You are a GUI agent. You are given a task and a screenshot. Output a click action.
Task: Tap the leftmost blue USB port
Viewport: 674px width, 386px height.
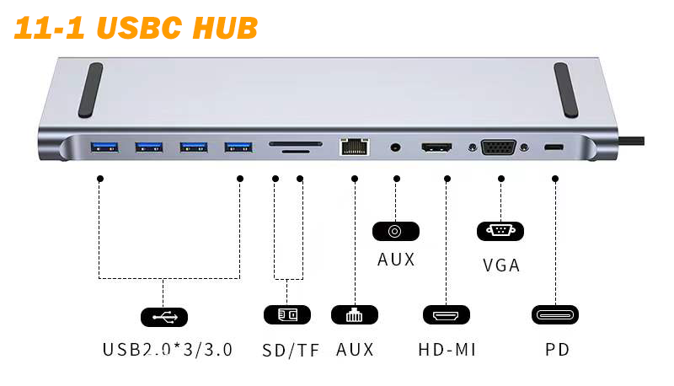(104, 148)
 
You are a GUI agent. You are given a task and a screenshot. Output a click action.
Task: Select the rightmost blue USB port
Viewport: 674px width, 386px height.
(238, 148)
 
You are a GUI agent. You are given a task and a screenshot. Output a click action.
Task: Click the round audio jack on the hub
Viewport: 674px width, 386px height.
(394, 148)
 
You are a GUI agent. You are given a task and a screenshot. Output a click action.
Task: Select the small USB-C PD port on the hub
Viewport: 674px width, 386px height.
(554, 148)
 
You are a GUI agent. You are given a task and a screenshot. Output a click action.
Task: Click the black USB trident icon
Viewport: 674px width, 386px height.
(163, 317)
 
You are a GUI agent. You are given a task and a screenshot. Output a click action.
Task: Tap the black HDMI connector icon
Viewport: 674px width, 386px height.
(446, 315)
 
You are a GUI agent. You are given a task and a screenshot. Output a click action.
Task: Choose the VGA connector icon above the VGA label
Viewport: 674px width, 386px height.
(500, 230)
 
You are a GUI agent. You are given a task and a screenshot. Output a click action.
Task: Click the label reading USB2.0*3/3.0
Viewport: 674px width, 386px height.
(168, 349)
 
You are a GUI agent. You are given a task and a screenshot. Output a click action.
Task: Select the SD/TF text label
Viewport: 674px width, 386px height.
(292, 350)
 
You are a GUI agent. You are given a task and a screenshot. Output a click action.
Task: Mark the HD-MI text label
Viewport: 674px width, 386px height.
(447, 349)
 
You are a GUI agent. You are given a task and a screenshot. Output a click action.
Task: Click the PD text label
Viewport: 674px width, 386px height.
(557, 349)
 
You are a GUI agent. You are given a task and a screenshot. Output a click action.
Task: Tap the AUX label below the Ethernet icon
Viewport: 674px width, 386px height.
(355, 349)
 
